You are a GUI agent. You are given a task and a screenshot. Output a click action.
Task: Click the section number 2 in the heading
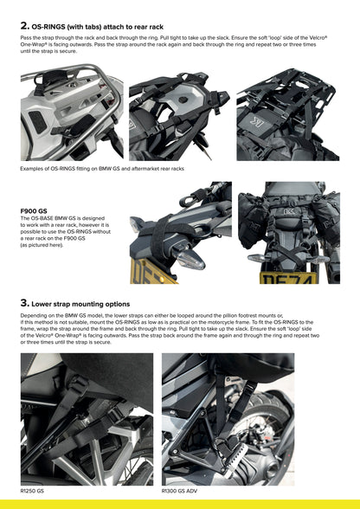coord(24,26)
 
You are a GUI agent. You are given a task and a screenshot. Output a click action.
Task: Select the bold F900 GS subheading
coord(35,210)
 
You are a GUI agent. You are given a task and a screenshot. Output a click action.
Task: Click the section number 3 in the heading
coord(24,304)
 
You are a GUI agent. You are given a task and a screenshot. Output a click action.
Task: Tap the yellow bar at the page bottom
coord(180,504)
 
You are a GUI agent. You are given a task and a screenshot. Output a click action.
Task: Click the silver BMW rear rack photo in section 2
coord(72,115)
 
